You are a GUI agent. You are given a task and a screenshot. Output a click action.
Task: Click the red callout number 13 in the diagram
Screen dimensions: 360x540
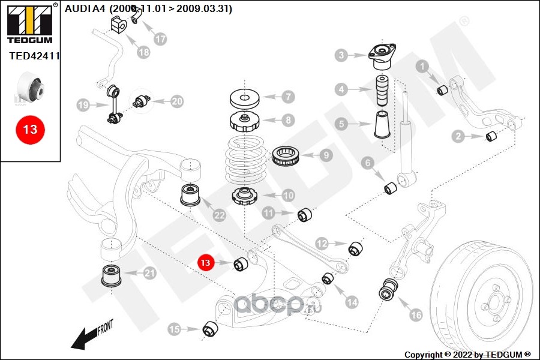206,262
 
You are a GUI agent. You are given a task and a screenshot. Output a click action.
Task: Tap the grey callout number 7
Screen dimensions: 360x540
286,96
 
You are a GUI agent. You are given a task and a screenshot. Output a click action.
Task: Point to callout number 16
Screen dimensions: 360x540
415,313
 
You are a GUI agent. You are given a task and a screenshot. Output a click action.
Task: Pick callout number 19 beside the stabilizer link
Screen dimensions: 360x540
83,106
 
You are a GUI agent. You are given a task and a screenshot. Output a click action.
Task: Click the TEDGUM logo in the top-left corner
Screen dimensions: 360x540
29,23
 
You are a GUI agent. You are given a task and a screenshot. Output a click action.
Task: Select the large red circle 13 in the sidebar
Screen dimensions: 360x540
30,128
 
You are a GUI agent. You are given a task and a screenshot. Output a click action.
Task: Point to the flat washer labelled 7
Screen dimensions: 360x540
245,97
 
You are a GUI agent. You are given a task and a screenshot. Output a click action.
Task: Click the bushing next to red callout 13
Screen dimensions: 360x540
241,263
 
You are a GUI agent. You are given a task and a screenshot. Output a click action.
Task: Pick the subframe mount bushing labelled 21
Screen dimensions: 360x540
111,275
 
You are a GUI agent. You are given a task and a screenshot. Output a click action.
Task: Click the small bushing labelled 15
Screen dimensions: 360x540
209,329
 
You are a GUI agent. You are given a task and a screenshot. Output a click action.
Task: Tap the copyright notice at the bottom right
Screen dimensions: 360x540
467,355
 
